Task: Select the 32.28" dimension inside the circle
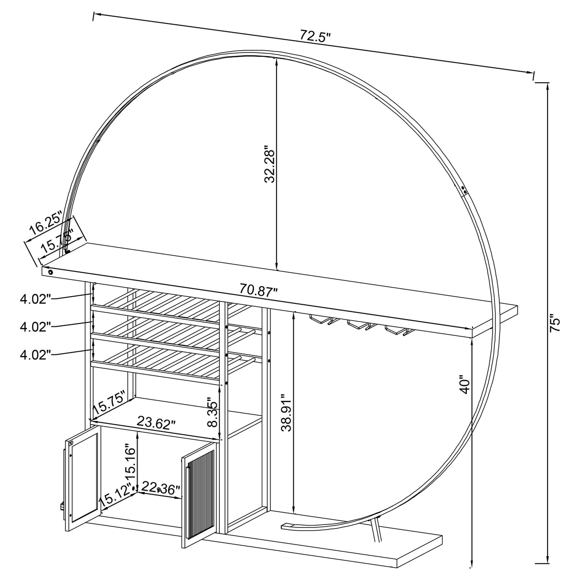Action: pyautogui.click(x=269, y=164)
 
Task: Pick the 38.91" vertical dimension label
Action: pyautogui.click(x=286, y=413)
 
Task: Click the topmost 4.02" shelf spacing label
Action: pyautogui.click(x=35, y=300)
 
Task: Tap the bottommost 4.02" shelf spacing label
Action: pyautogui.click(x=35, y=354)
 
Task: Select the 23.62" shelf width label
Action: pyautogui.click(x=156, y=423)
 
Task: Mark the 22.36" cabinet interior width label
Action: pyautogui.click(x=161, y=489)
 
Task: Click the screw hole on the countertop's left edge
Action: pyautogui.click(x=50, y=271)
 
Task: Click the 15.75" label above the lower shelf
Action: pyautogui.click(x=109, y=404)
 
